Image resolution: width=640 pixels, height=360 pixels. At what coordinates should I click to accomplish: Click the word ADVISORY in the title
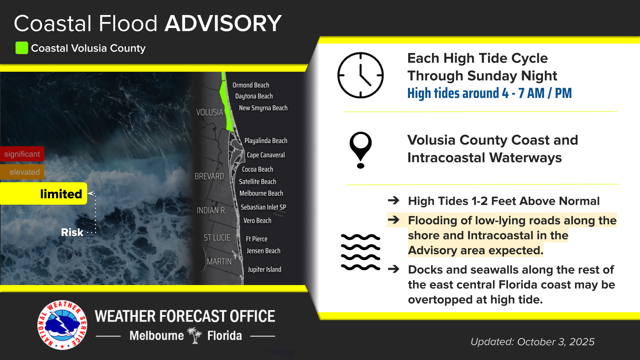point(223,23)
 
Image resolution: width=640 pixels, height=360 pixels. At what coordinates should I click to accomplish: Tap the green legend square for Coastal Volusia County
point(22,48)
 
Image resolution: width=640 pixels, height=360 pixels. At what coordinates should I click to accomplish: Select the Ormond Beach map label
point(251,85)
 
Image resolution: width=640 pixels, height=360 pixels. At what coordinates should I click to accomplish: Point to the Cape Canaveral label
point(266,155)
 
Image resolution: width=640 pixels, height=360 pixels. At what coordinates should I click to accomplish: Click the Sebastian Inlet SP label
point(263,207)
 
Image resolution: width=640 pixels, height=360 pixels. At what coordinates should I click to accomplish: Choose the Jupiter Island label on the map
point(264,269)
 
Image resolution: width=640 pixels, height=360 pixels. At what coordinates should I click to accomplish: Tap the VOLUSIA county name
point(209,112)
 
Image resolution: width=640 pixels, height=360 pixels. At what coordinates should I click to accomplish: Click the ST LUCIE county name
point(217,238)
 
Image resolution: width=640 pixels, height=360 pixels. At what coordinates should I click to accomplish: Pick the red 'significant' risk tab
point(22,154)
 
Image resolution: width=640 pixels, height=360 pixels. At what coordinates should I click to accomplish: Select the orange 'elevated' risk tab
point(22,172)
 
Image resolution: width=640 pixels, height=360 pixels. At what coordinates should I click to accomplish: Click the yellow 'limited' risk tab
point(43,194)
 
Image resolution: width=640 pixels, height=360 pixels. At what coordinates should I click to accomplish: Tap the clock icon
point(360,75)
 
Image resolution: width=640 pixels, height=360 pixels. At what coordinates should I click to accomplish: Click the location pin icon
point(360,150)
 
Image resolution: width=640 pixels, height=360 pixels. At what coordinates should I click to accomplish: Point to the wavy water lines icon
point(360,252)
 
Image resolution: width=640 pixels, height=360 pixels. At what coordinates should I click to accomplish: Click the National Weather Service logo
point(62,325)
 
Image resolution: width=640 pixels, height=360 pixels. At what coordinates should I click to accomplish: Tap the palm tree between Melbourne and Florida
point(195,335)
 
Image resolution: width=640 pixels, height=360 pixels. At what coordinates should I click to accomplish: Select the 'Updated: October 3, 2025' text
point(532,342)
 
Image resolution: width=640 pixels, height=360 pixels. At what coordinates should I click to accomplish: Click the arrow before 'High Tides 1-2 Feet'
point(394,200)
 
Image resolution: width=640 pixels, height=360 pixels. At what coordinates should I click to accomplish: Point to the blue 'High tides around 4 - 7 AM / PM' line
point(489,93)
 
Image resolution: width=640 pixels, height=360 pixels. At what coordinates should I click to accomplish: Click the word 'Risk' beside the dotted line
point(72,232)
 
